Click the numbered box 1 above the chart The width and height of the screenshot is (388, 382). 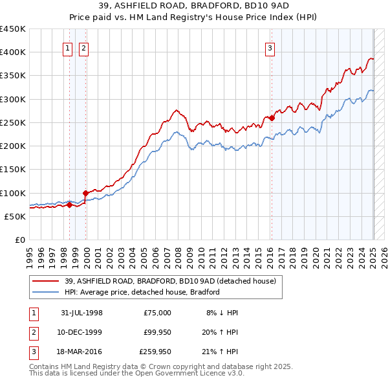coord(67,47)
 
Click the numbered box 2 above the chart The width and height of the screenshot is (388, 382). coord(84,47)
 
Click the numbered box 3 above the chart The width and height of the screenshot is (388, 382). coord(270,47)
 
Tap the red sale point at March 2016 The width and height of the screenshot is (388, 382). coord(272,118)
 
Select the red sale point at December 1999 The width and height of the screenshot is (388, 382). coord(85,193)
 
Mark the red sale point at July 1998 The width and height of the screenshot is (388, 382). coord(69,205)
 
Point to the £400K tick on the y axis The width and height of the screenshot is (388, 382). coord(13,52)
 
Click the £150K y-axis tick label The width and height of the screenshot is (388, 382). coord(13,170)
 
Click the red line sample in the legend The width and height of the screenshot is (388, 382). coord(45,281)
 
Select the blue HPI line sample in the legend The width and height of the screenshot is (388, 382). coord(45,292)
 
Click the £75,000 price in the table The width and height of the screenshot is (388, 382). coord(157,313)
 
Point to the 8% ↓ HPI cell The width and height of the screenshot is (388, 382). coord(222,313)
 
